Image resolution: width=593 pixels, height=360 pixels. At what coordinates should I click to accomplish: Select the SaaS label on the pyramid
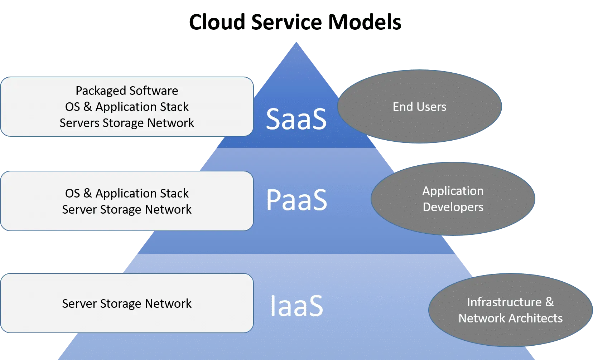pos(296,119)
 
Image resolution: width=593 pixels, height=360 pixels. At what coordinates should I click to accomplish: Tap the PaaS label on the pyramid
pos(296,200)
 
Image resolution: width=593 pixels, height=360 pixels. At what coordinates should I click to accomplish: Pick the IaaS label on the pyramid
pos(296,306)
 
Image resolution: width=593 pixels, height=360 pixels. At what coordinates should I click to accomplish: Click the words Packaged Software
pos(127,91)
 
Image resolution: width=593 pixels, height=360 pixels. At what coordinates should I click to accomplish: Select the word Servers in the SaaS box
pos(79,123)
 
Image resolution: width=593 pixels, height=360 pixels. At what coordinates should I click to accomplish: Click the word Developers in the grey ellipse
pos(453,207)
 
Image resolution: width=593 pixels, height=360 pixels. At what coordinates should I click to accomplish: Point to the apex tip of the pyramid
pos(296,43)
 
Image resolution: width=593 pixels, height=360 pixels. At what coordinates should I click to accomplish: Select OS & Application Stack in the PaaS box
pos(127,193)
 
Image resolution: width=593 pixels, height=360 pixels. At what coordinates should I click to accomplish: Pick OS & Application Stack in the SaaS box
pos(127,107)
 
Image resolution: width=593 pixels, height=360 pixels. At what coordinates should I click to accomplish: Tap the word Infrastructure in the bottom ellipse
pos(504,302)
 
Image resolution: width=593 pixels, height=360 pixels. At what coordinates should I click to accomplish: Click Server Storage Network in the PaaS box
pos(127,209)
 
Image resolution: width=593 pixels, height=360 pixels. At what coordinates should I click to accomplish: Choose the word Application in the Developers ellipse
pos(453,191)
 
